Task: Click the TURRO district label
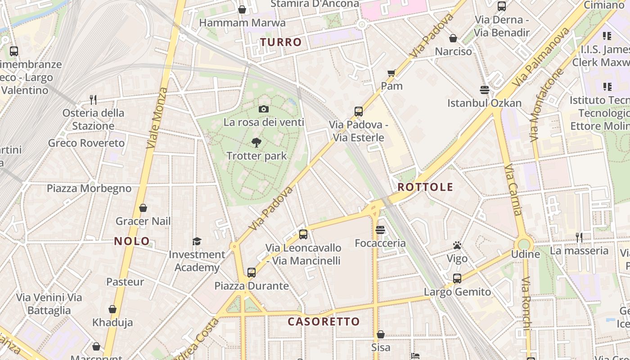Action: coord(281,42)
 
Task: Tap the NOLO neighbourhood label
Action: coord(132,241)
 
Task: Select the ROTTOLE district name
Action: coord(425,187)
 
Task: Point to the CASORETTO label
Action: coord(324,322)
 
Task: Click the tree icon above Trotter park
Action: coord(256,143)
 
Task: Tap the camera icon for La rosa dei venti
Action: coord(264,109)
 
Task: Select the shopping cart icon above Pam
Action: coord(391,73)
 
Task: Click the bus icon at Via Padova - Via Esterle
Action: coord(359,112)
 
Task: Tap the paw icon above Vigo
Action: coord(457,246)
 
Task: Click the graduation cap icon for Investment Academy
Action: coord(197,242)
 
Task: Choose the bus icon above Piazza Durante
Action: coord(251,273)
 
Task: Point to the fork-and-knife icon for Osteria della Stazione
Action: coord(93,99)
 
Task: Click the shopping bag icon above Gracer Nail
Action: coord(143,208)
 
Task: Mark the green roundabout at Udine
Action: coord(524,244)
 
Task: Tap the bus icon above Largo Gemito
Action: coord(457,279)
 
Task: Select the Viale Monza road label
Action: coord(157,118)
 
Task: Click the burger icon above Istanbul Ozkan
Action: coord(485,90)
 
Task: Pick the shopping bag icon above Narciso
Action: coord(453,39)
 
